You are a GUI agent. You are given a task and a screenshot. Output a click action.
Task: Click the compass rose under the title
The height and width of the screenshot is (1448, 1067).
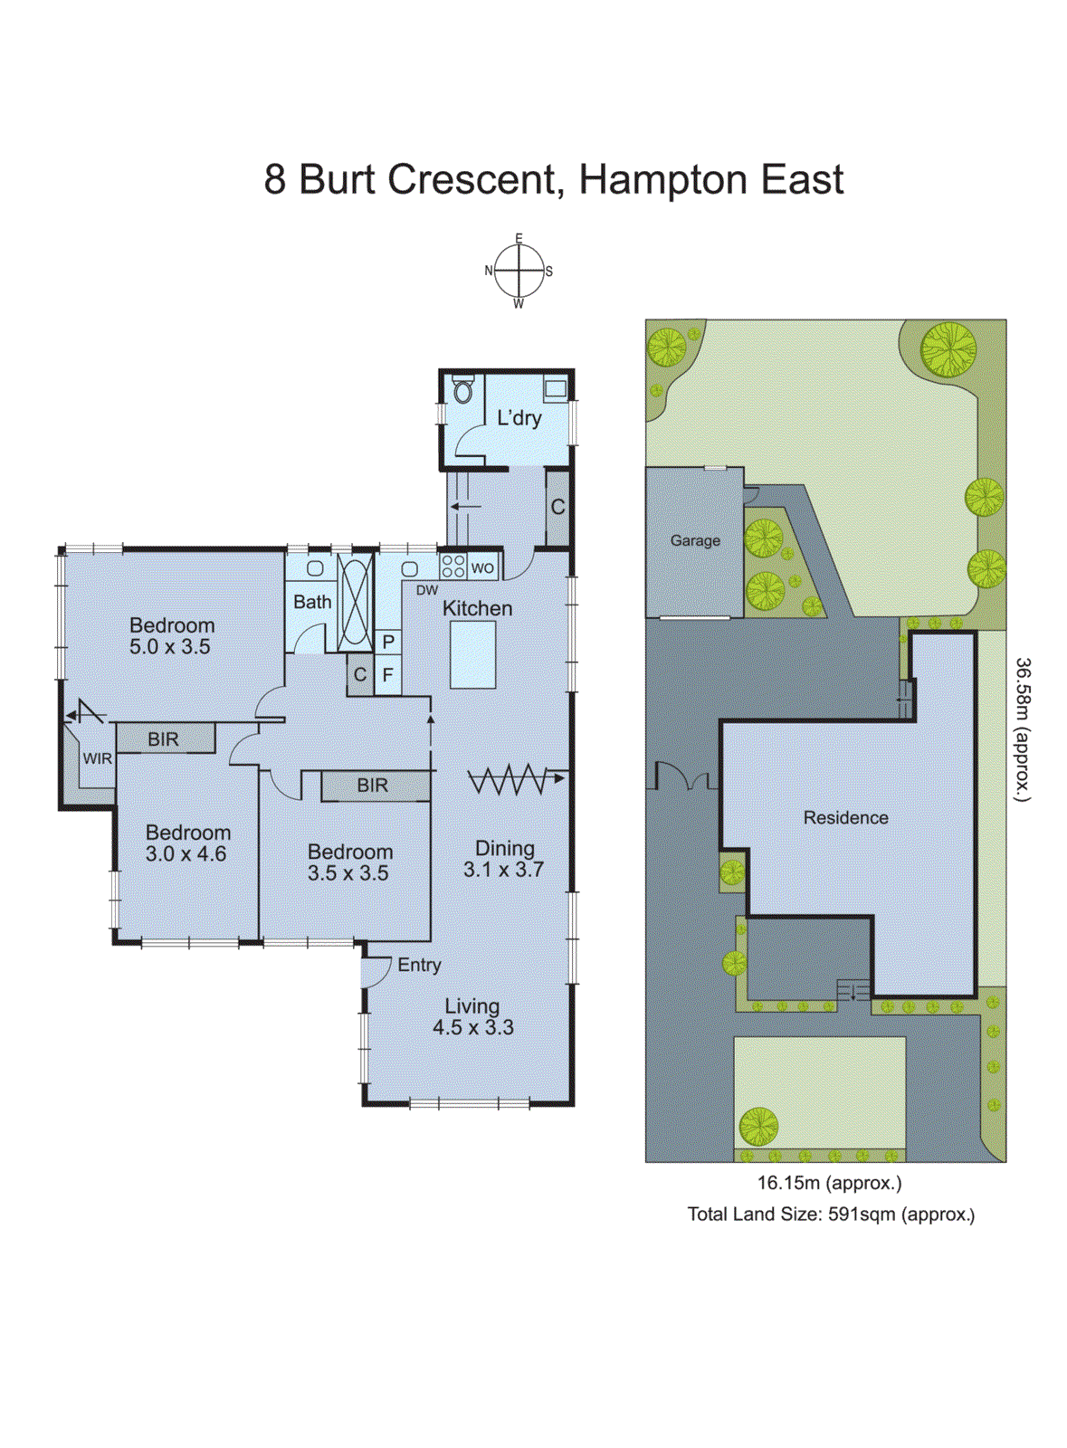[519, 271]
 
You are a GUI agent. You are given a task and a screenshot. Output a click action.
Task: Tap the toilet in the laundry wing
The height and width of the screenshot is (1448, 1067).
[463, 391]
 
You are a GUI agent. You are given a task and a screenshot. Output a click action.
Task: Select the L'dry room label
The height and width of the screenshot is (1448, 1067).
[519, 418]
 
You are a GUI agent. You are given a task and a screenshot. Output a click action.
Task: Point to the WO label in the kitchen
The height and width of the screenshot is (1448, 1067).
[482, 568]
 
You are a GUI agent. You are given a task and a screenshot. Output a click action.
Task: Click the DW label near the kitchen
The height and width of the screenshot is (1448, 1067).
[427, 590]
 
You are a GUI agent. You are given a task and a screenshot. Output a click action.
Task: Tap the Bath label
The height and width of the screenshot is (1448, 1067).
[312, 602]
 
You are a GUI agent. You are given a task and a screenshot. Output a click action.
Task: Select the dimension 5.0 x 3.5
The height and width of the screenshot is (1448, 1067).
[169, 647]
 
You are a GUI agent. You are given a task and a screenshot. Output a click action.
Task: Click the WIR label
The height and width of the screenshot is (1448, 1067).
[98, 758]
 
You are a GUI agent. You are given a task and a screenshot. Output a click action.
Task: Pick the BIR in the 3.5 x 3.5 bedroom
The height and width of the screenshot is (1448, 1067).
[372, 786]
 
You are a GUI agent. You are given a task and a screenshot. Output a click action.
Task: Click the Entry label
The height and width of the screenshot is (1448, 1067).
[419, 965]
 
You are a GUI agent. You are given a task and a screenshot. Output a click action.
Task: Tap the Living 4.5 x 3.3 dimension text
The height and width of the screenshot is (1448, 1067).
[472, 1028]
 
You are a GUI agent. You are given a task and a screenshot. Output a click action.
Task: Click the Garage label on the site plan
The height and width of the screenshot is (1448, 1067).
[695, 540]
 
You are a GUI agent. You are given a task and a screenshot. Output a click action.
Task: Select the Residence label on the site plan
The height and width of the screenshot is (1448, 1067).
[845, 817]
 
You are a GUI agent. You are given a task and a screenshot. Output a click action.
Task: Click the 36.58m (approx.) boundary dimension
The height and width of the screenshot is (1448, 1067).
[1023, 729]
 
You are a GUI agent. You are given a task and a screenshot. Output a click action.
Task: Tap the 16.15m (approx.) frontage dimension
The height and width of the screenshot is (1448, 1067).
[829, 1182]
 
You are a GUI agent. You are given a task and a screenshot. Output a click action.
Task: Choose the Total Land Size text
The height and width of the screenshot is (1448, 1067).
[831, 1215]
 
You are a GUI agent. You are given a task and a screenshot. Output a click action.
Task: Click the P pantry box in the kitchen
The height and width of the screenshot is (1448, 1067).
[388, 642]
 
